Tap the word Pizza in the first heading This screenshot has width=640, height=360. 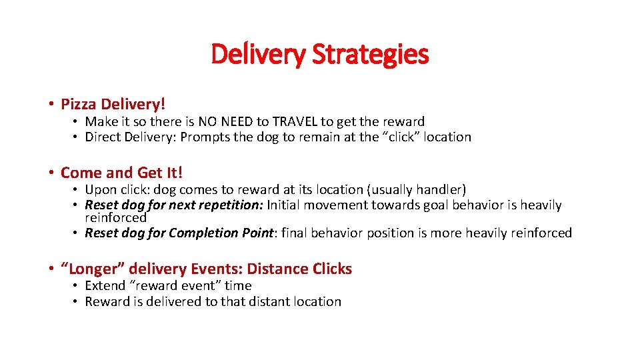[x=79, y=104]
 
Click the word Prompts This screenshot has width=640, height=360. [x=204, y=137]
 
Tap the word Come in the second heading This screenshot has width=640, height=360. [x=80, y=173]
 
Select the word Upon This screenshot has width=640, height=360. [x=101, y=190]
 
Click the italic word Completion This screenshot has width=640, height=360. [x=203, y=233]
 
